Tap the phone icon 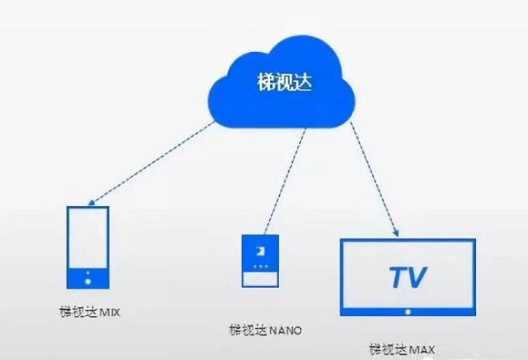[x=88, y=247]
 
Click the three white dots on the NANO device [x=260, y=264]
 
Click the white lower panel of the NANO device [x=260, y=278]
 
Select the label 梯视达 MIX [x=87, y=312]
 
